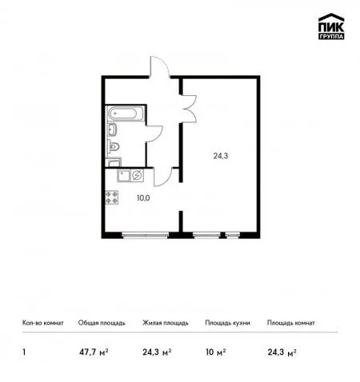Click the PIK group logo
pos(331,26)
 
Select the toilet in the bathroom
pos(114,147)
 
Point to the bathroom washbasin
pos(112,129)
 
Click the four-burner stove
pos(112,197)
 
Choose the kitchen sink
pos(123,176)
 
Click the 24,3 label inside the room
pos(221,156)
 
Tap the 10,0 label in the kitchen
pos(143,198)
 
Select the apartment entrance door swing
pos(159,66)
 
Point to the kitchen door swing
pos(162,177)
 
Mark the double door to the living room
pos(189,109)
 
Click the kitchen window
pos(146,235)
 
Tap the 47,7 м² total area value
pos(94,352)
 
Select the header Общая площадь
pos(102,323)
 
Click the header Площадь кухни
pos(227,323)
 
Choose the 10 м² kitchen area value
pos(215,352)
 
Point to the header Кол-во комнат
pos(43,323)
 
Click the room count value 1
pos(24,352)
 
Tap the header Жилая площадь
pos(166,323)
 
